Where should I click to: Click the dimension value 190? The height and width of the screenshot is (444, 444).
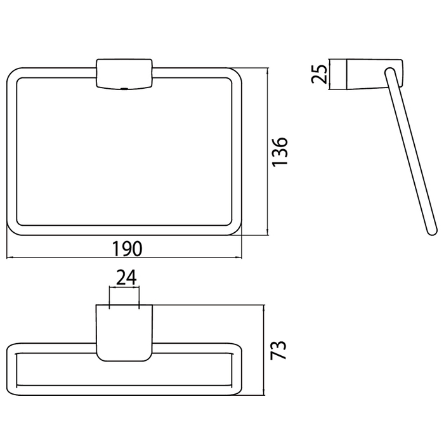pyautogui.click(x=127, y=249)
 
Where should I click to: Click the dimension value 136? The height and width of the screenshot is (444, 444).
pyautogui.click(x=280, y=152)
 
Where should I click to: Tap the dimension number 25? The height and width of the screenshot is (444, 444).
pyautogui.click(x=319, y=74)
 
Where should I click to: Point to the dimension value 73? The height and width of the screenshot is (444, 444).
pyautogui.click(x=278, y=349)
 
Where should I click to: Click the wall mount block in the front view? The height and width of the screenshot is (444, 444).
pyautogui.click(x=124, y=74)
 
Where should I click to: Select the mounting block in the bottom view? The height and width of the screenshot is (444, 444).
pyautogui.click(x=124, y=333)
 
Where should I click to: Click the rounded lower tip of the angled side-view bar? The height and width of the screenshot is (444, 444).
pyautogui.click(x=433, y=231)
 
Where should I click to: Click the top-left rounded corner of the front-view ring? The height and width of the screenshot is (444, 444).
pyautogui.click(x=12, y=73)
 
